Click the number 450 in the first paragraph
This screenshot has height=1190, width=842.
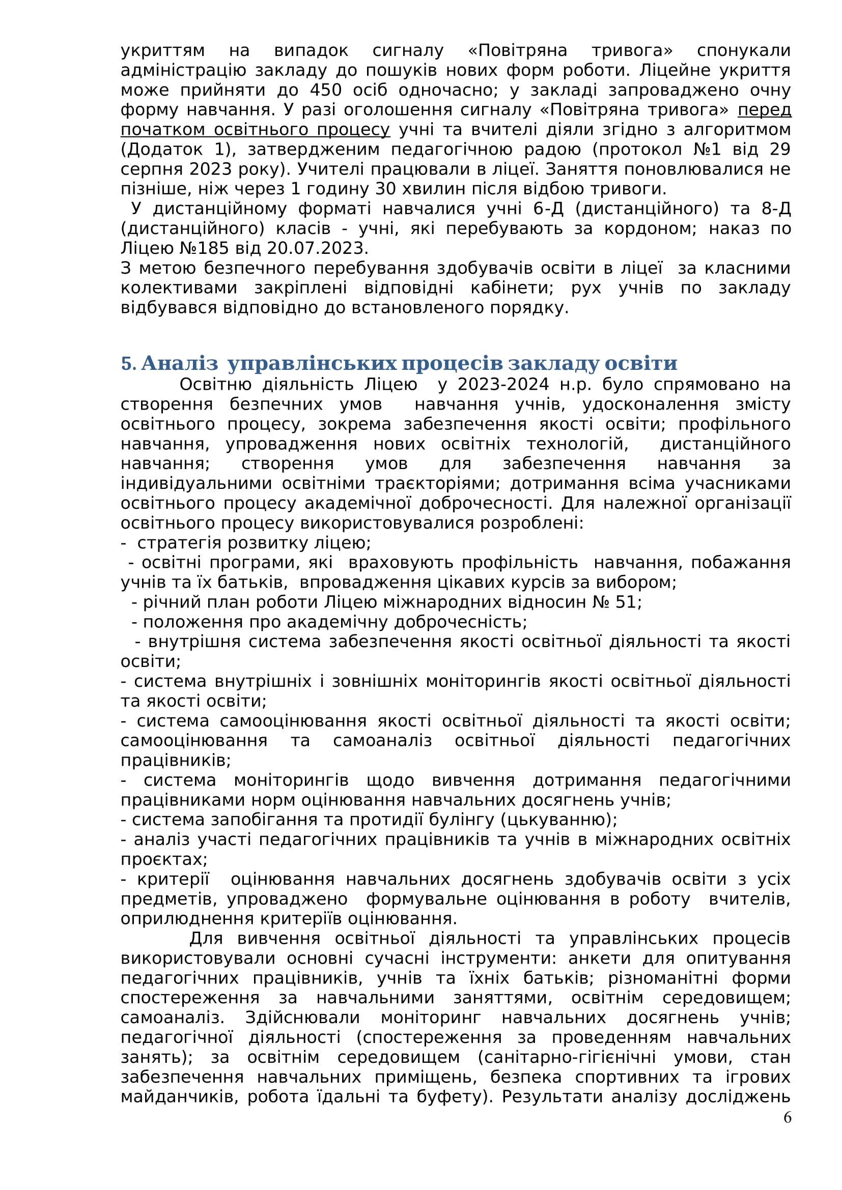point(326,90)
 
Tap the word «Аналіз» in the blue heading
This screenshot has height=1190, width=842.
point(179,363)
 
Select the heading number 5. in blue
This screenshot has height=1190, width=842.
point(129,363)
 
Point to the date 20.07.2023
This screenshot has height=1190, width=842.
point(317,248)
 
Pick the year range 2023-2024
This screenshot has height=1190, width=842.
point(503,385)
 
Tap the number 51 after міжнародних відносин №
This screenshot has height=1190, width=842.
point(628,602)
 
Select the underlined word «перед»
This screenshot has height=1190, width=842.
point(764,110)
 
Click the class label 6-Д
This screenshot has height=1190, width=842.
point(548,209)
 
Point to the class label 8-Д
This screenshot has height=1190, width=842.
point(776,209)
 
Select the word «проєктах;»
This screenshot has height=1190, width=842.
point(164,859)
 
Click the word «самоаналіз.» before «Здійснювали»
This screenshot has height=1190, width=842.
point(172,1018)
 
